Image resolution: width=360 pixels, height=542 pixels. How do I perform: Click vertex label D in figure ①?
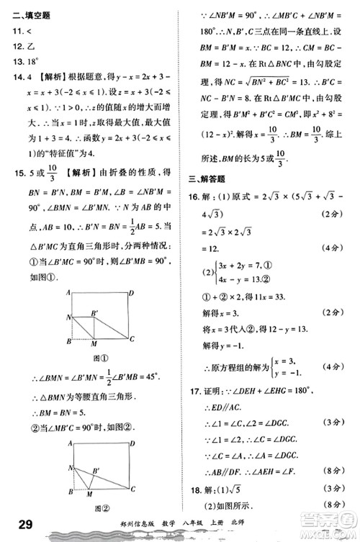click(131, 293)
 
